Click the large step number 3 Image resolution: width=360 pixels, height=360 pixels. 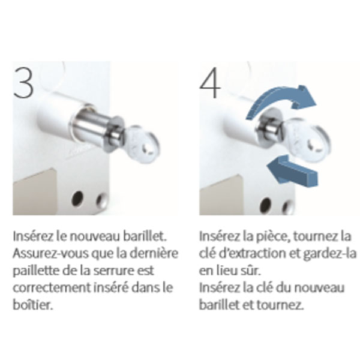click(x=23, y=83)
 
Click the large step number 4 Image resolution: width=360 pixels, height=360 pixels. click(x=210, y=83)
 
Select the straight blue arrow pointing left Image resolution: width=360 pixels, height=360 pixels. click(x=293, y=170)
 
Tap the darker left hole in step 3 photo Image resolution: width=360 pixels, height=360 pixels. click(x=77, y=199)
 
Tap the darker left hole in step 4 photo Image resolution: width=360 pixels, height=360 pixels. click(x=266, y=205)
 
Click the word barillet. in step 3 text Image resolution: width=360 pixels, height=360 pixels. click(x=145, y=236)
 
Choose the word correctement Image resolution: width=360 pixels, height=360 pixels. click(x=52, y=288)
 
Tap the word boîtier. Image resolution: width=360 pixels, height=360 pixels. click(x=33, y=305)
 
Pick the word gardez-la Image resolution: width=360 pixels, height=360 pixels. click(x=329, y=254)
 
